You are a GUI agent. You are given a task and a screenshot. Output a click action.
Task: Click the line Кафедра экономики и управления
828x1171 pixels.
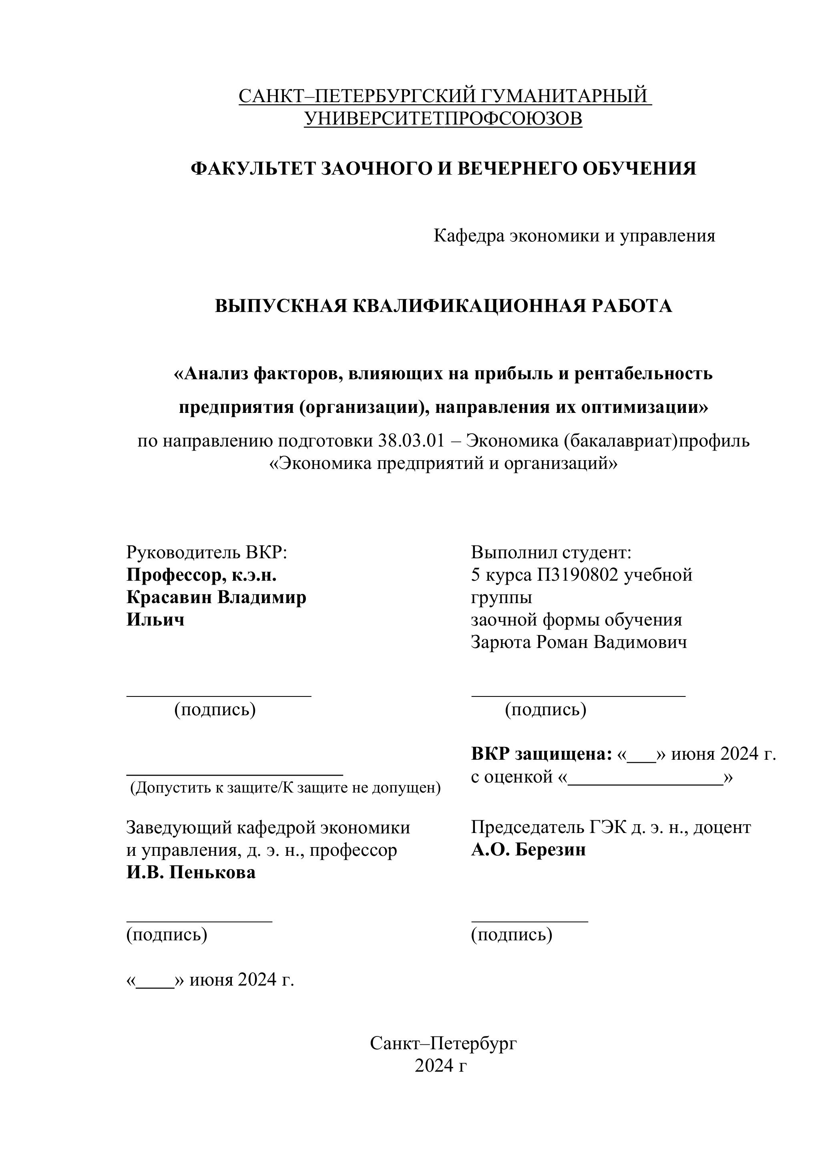coord(574,235)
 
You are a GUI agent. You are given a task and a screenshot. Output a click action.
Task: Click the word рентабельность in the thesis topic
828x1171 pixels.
coord(643,374)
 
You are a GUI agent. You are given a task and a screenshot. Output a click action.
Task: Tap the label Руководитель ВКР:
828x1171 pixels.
coord(207,552)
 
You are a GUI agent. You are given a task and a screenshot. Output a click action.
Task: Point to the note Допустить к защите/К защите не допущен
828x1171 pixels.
coord(285,788)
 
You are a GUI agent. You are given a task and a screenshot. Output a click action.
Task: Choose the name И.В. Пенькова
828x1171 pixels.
coord(191,873)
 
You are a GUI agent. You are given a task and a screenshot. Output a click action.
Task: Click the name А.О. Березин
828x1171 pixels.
coord(528,850)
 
